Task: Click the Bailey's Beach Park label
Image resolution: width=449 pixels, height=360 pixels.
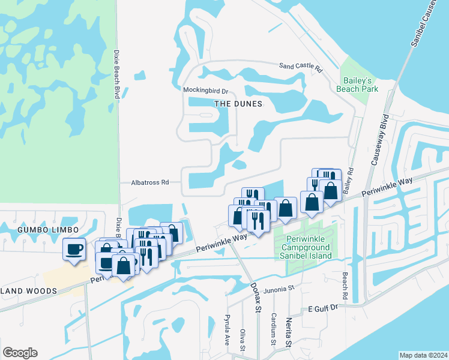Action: coord(359,85)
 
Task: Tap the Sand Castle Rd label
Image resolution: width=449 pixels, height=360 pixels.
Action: coord(301,67)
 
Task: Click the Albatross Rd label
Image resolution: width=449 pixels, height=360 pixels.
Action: coord(150,182)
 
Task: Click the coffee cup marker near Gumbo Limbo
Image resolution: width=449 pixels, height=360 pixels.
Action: coord(74,249)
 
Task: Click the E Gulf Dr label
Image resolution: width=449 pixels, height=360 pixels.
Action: coord(324,308)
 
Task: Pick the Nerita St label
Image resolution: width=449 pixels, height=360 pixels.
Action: coord(289,332)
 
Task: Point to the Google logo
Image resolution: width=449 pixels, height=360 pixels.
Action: coord(20,353)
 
